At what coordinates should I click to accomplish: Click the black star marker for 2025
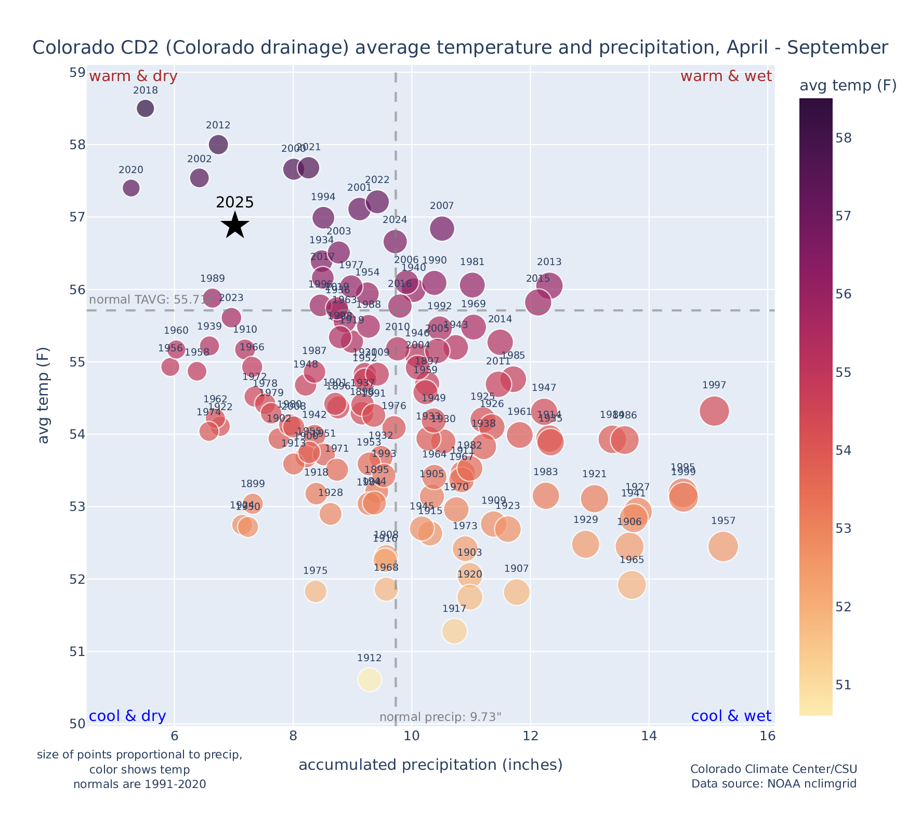235,225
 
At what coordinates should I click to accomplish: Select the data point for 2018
146,108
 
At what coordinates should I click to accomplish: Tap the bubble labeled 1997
714,411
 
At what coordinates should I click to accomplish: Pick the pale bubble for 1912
370,679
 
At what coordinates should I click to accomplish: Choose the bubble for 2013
549,285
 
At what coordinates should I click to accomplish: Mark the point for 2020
131,188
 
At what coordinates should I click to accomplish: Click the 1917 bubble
454,631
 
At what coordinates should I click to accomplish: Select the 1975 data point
315,591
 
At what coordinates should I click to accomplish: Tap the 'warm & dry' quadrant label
133,76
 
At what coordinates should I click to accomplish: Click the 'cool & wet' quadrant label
731,716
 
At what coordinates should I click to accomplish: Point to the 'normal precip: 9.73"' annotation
440,717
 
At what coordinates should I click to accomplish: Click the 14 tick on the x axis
649,737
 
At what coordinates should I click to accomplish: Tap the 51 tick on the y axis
77,651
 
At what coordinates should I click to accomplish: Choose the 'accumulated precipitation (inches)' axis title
430,765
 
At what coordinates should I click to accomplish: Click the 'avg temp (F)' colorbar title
848,86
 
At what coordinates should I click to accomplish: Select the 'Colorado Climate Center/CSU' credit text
773,769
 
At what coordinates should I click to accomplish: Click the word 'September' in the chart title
837,48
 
